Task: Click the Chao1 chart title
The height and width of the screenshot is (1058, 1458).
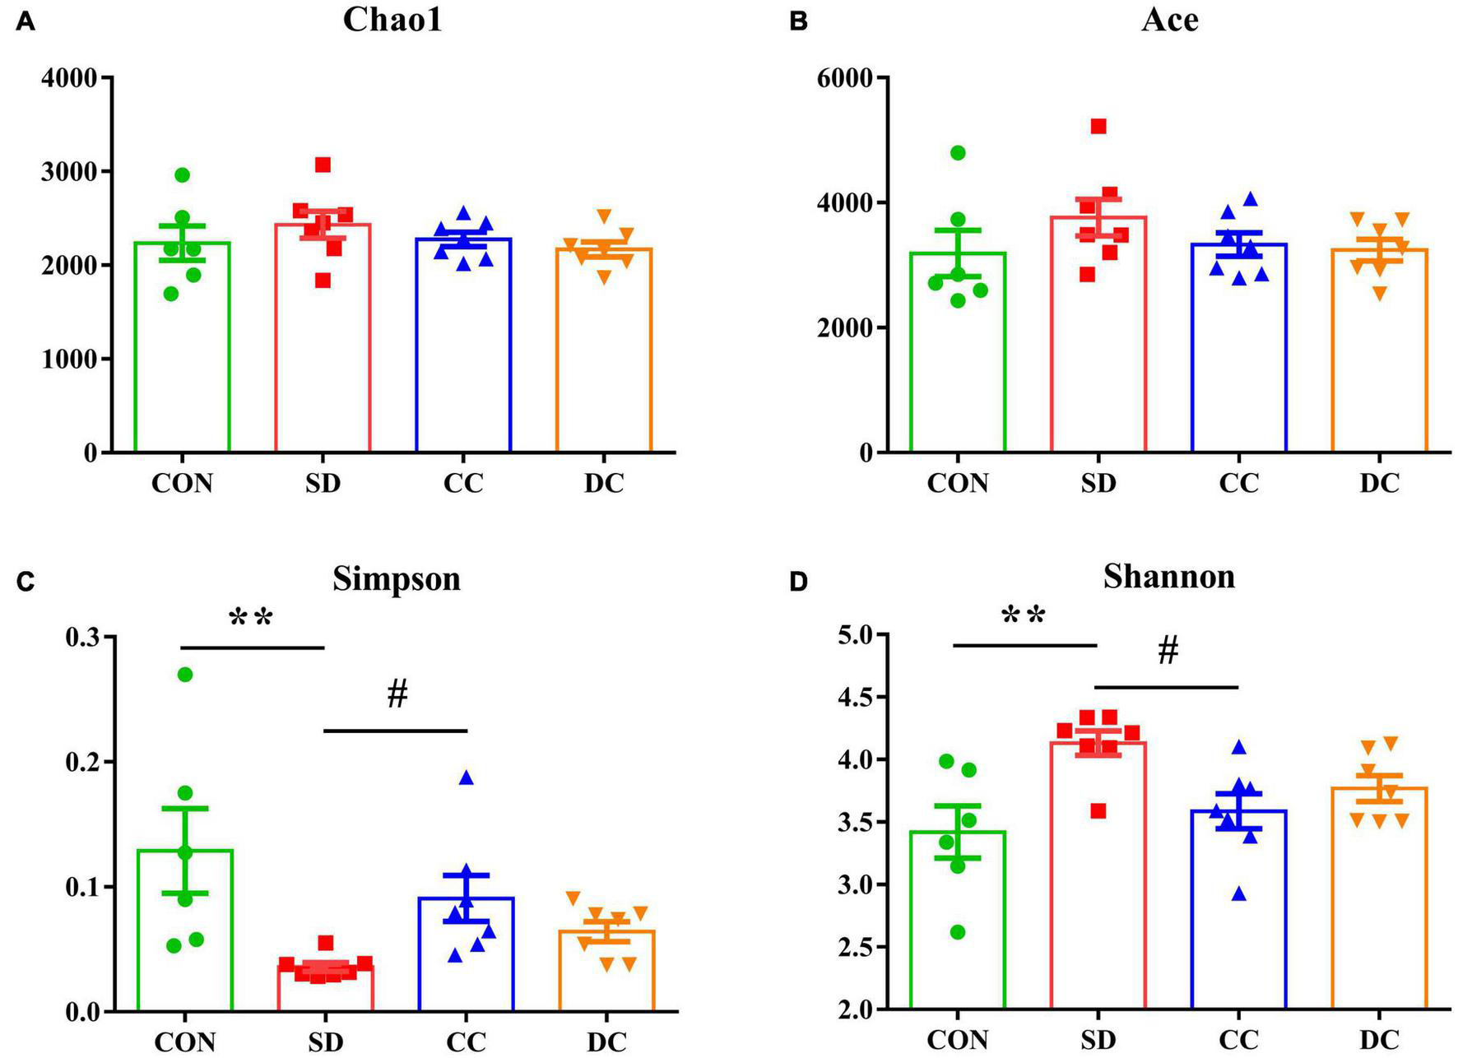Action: coord(392,19)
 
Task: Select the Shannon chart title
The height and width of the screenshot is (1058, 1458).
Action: coord(1168,577)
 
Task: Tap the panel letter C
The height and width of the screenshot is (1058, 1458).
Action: coord(26,582)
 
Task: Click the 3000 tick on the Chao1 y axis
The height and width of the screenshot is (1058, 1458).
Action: coord(70,172)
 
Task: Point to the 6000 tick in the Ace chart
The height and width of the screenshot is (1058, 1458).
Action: coord(845,78)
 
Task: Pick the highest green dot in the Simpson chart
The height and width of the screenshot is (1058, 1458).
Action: coord(185,675)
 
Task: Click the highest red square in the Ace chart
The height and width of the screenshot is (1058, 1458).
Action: coord(1098,126)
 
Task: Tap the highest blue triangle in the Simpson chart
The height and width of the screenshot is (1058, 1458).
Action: coord(467,777)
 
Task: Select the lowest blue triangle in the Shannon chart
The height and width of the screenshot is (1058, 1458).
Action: coord(1239,894)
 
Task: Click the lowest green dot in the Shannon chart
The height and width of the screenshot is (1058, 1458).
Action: coord(958,932)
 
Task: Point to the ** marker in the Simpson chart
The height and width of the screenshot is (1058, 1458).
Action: coord(251,619)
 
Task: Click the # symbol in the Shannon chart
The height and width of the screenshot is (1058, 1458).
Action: coord(1168,652)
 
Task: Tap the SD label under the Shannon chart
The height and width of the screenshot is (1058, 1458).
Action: coord(1098,1041)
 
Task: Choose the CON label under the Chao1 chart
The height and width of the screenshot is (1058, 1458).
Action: coord(182,483)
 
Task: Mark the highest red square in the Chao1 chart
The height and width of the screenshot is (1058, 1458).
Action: coord(323,165)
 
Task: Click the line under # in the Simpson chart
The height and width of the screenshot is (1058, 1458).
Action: coord(396,731)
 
